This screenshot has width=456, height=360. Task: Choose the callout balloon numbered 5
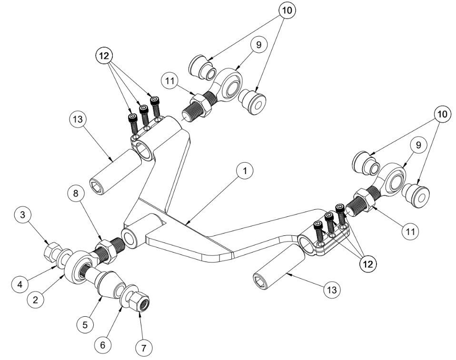pyautogui.click(x=86, y=325)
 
